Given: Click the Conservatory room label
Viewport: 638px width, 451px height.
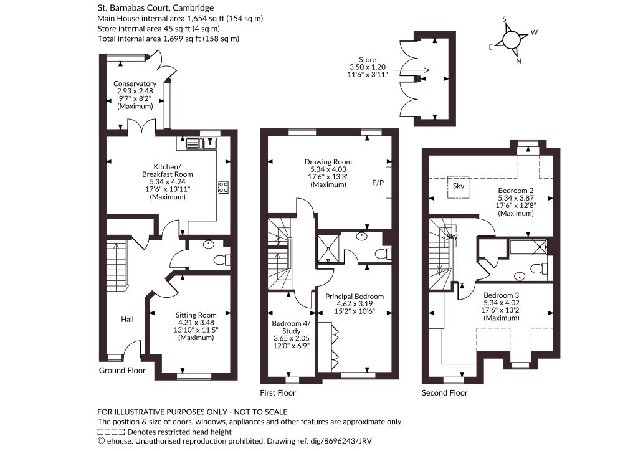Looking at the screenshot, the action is click(x=135, y=95).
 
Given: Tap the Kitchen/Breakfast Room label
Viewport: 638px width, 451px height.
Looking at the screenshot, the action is click(x=167, y=182).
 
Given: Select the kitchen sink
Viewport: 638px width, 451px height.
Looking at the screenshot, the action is click(x=201, y=143).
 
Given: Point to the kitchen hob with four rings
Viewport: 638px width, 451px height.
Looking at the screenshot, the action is click(x=223, y=187).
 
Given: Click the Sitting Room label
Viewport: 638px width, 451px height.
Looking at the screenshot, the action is click(x=196, y=326).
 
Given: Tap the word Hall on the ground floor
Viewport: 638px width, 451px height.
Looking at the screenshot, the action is click(x=127, y=319).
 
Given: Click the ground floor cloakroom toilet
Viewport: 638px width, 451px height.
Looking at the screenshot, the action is click(x=222, y=260).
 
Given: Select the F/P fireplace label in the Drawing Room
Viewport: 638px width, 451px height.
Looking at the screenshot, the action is click(x=378, y=183).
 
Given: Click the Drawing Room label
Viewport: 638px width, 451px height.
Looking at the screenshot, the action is click(x=328, y=173).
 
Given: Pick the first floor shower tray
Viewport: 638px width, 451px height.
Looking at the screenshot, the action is click(x=328, y=248).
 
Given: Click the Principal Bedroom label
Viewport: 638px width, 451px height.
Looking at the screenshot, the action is click(x=355, y=304).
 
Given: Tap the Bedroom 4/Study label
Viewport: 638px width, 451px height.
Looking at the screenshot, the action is click(x=292, y=335).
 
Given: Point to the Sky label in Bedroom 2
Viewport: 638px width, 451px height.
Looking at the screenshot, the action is click(x=459, y=186).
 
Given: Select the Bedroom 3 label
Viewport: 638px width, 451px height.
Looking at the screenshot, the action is click(x=502, y=306).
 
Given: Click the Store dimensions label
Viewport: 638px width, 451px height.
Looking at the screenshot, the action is click(x=368, y=67).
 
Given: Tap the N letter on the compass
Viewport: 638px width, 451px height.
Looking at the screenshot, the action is click(x=519, y=61).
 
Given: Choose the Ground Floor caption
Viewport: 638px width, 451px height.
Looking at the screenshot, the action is click(x=122, y=371).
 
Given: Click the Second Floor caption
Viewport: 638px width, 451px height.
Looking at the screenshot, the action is click(x=445, y=393).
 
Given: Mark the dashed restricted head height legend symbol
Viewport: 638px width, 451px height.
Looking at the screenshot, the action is click(x=111, y=432).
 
